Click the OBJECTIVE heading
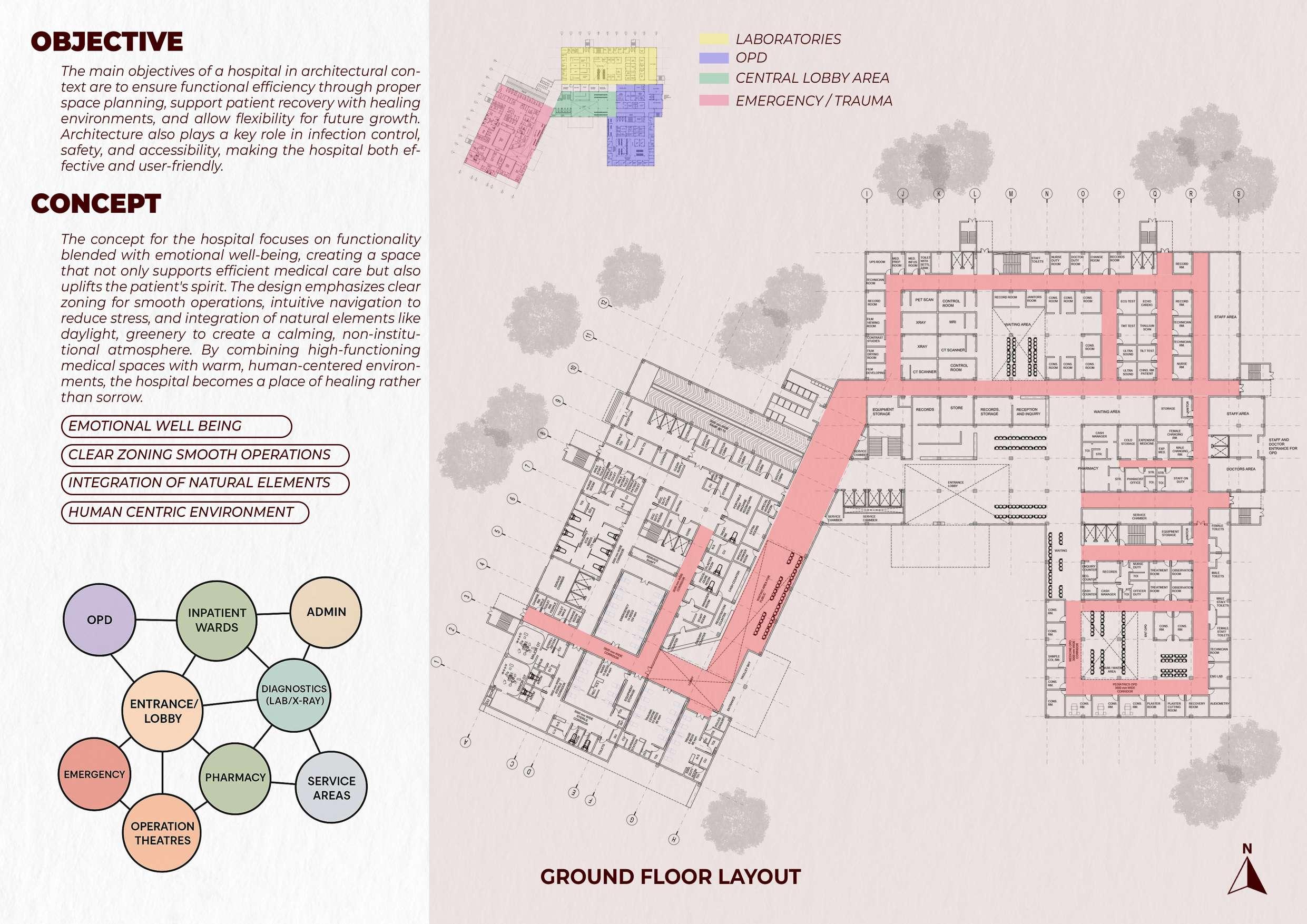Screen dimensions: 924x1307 click(107, 42)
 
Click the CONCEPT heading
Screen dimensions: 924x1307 click(96, 204)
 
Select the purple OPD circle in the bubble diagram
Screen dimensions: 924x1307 click(100, 620)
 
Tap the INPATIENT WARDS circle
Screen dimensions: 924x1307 click(217, 620)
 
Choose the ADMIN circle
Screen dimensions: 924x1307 click(326, 612)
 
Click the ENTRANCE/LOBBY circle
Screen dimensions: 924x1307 click(163, 711)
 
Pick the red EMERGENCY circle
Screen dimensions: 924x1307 click(94, 774)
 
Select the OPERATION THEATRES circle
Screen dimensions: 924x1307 click(163, 833)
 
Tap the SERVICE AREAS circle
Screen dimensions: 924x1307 click(331, 788)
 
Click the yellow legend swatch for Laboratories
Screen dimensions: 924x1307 click(714, 38)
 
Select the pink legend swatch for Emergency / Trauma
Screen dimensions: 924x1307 click(714, 101)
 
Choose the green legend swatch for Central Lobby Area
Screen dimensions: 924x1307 click(714, 78)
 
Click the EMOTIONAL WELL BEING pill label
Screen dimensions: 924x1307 click(176, 426)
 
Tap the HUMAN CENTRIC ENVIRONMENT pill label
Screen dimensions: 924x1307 click(185, 513)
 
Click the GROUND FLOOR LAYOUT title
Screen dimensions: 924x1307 click(671, 877)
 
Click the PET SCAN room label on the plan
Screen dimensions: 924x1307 click(924, 299)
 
